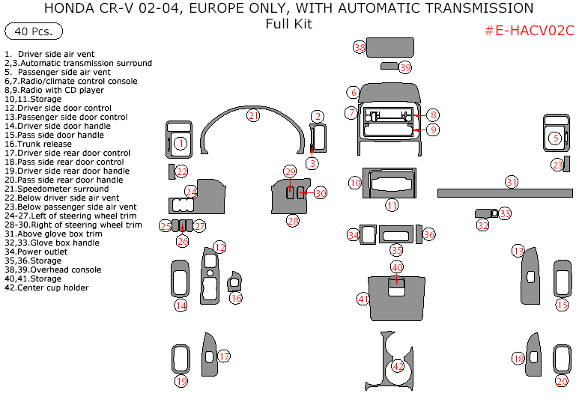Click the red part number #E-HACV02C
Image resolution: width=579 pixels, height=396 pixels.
pyautogui.click(x=530, y=31)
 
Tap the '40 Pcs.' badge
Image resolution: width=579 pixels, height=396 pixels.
pyautogui.click(x=34, y=31)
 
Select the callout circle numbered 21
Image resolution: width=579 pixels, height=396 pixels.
pyautogui.click(x=253, y=115)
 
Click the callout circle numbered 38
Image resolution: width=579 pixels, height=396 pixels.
pyautogui.click(x=360, y=47)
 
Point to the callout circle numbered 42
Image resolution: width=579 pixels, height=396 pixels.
pyautogui.click(x=398, y=367)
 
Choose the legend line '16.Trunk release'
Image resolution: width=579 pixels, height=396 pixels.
pyautogui.click(x=38, y=144)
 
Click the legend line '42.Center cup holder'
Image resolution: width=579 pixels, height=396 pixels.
pyautogui.click(x=46, y=287)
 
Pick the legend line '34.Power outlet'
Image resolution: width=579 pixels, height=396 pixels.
pyautogui.click(x=36, y=252)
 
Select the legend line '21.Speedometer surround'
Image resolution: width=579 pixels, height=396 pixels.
pyautogui.click(x=56, y=189)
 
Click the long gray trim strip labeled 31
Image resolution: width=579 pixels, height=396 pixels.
pyautogui.click(x=505, y=192)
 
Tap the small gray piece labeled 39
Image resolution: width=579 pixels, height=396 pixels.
pyautogui.click(x=389, y=66)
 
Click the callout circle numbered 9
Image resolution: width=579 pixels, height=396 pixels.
pyautogui.click(x=433, y=130)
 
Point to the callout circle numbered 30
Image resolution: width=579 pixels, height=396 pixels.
pyautogui.click(x=321, y=193)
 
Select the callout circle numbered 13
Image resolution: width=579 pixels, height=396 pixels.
pyautogui.click(x=518, y=252)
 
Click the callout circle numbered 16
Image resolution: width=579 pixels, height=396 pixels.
pyautogui.click(x=236, y=298)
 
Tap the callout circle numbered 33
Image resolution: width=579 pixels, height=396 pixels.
pyautogui.click(x=505, y=213)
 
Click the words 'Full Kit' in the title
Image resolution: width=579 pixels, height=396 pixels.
pyautogui.click(x=289, y=24)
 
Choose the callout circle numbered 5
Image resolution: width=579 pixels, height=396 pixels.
pyautogui.click(x=555, y=138)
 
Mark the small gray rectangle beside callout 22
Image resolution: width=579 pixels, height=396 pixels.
pyautogui.click(x=172, y=171)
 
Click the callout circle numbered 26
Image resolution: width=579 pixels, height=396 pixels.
pyautogui.click(x=183, y=241)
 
